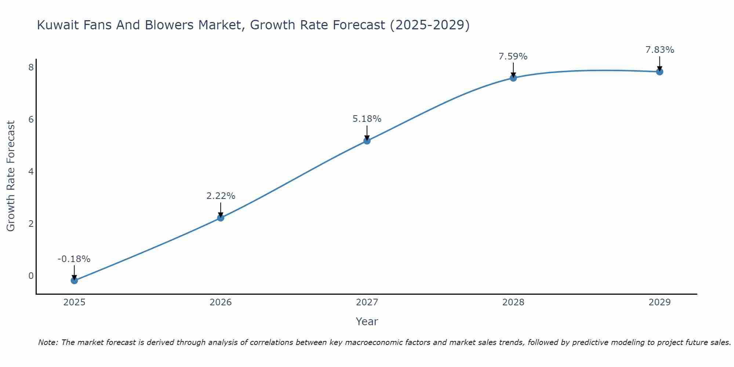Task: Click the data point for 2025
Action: [74, 280]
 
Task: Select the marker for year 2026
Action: [221, 218]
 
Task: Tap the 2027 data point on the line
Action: [367, 141]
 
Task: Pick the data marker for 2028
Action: [513, 78]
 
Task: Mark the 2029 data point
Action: [659, 72]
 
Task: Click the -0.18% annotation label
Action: [74, 259]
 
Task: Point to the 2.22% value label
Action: [221, 196]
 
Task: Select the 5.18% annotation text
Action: [367, 119]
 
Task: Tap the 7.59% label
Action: [513, 57]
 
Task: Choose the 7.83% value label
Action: [659, 50]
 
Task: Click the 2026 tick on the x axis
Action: [221, 302]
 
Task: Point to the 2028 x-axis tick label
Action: [513, 302]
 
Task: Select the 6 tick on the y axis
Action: [31, 119]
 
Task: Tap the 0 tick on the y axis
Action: [31, 276]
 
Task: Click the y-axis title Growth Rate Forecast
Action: [11, 176]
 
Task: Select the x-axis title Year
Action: [367, 321]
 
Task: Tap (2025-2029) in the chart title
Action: [429, 25]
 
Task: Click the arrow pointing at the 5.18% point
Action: [367, 133]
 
